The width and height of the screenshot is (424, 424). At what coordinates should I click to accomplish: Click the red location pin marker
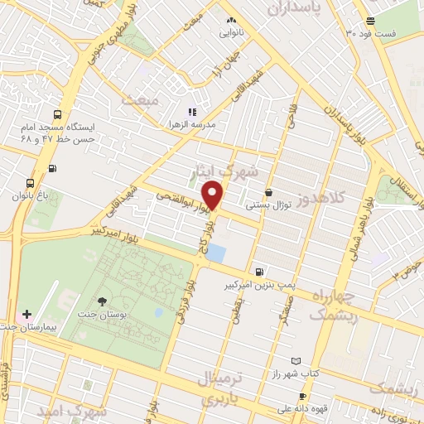(x=214, y=195)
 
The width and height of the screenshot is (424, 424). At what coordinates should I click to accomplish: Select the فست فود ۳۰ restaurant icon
(x=370, y=21)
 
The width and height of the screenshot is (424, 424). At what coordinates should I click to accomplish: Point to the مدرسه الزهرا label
(x=192, y=123)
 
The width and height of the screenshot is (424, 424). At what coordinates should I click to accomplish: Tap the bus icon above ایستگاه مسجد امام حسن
(x=56, y=115)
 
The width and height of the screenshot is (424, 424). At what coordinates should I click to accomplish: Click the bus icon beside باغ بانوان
(x=30, y=183)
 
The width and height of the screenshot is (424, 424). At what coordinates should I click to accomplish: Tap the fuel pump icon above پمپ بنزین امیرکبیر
(x=260, y=272)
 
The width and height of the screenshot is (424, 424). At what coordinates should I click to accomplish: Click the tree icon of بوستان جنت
(x=102, y=301)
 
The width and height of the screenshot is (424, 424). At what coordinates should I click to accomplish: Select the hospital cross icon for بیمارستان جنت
(x=27, y=316)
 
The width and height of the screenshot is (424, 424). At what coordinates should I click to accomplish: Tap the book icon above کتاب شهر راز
(x=296, y=362)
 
